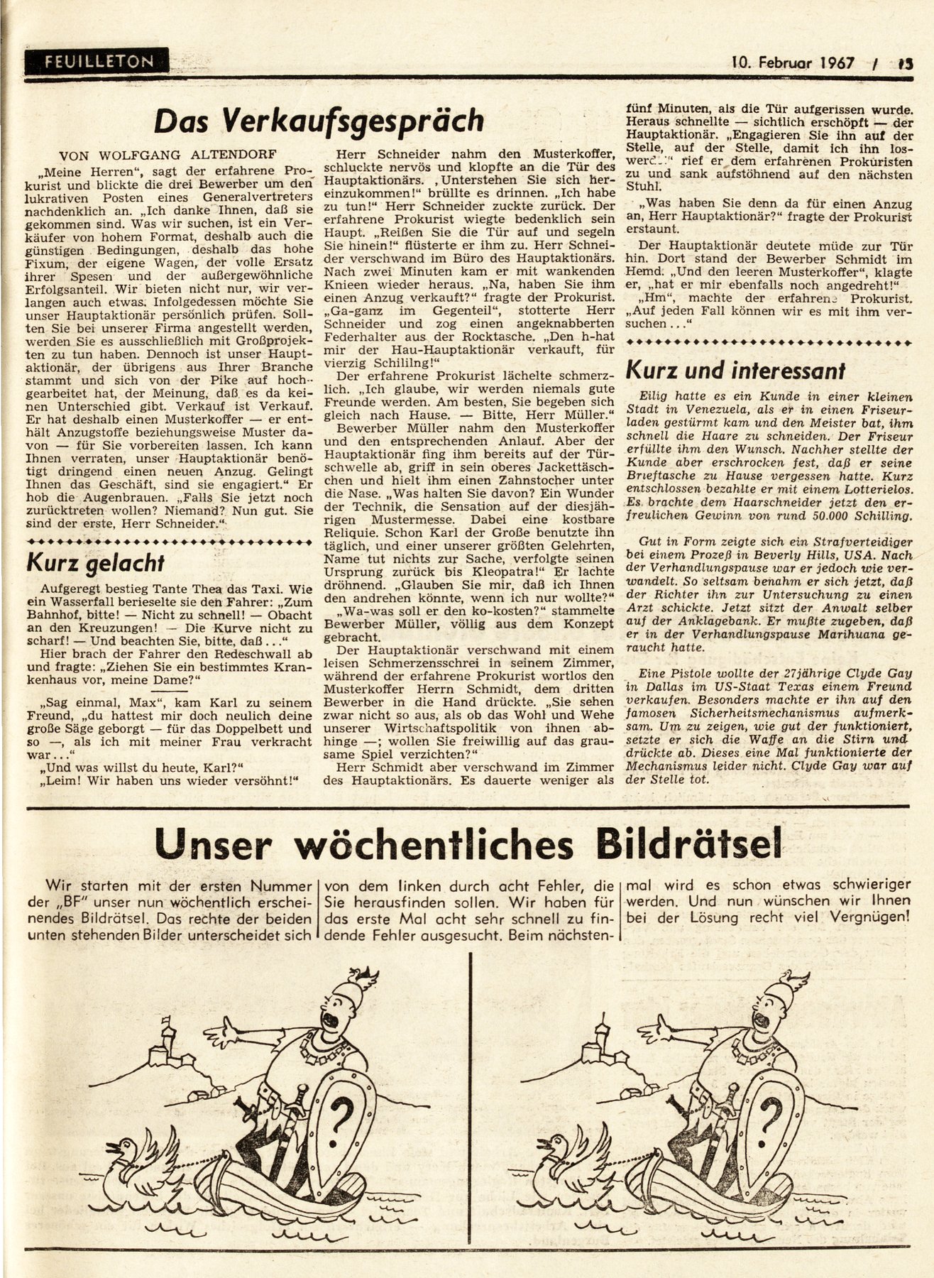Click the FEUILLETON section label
coord(98,62)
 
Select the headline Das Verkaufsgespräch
coord(319,121)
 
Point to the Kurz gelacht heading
coord(95,563)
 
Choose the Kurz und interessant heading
coord(735,370)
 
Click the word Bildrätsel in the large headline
coord(678,844)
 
